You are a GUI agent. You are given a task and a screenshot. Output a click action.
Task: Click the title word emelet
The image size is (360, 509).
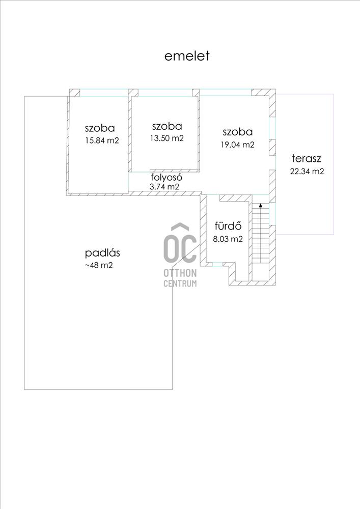click(x=187, y=56)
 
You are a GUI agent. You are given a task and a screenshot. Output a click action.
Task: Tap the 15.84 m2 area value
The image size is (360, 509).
click(x=102, y=140)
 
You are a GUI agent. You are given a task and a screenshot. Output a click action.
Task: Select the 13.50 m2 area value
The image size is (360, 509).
click(x=167, y=138)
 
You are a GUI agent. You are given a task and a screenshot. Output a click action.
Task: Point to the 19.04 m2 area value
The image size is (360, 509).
click(x=238, y=145)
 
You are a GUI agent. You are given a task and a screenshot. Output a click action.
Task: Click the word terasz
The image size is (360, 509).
click(x=307, y=158)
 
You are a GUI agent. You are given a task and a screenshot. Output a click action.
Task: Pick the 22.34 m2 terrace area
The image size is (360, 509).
click(x=307, y=171)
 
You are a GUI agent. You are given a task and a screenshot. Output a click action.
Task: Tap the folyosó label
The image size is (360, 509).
click(x=167, y=177)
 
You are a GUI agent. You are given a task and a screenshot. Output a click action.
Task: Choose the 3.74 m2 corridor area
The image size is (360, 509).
click(x=164, y=187)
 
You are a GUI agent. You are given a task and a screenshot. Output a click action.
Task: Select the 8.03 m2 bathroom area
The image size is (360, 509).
click(x=228, y=239)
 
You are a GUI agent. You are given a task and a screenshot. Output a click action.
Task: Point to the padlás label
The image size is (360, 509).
click(x=102, y=252)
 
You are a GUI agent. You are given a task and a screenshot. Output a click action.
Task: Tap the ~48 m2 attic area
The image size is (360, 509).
click(x=99, y=265)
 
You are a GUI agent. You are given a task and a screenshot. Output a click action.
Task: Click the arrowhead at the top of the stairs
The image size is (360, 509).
click(x=260, y=205)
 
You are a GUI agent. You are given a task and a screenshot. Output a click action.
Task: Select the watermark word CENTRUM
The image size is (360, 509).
click(x=180, y=284)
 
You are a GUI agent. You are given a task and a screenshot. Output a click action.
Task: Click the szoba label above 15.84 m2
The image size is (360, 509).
click(x=100, y=128)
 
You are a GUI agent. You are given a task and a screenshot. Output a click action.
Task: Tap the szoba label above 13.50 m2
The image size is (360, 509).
click(x=167, y=126)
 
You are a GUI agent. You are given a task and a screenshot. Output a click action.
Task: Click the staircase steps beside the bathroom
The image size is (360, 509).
click(x=261, y=234)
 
